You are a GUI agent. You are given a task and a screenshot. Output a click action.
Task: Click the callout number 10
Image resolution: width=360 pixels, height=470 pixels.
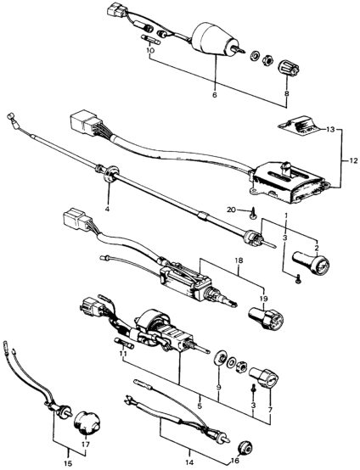click(x=150, y=50)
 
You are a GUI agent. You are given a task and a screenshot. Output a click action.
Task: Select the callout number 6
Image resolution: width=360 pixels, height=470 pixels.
click(x=214, y=95)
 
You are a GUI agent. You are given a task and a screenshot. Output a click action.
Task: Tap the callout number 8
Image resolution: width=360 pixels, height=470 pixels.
click(x=286, y=93)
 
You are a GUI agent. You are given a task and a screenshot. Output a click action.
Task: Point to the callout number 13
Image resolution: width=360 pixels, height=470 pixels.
click(x=329, y=130)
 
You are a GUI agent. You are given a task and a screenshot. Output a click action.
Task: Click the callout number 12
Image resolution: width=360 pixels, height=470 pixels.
click(x=353, y=161)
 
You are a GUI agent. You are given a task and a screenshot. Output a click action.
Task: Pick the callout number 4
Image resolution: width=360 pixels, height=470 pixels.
click(x=107, y=207)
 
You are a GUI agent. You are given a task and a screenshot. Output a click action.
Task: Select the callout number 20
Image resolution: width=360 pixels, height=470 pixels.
click(x=232, y=210)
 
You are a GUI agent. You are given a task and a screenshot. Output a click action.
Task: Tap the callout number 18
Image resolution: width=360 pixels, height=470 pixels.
click(x=239, y=260)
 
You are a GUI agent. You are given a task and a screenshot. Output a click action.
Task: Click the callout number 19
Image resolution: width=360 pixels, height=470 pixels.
click(x=264, y=299)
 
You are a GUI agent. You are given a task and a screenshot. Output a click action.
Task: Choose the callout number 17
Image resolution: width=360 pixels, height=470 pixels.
click(x=86, y=444)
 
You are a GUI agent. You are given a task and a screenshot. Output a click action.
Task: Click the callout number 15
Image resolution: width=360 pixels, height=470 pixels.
click(x=69, y=463)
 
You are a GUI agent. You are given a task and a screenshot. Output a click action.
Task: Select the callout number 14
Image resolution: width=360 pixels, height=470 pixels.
click(x=189, y=460)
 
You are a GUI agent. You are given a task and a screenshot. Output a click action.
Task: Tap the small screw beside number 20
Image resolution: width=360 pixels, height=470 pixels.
click(x=252, y=213)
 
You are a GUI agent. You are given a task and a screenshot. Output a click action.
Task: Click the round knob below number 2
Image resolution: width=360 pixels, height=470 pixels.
click(x=311, y=263)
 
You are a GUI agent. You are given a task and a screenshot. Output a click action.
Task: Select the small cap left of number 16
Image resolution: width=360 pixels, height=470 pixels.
click(x=246, y=449)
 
